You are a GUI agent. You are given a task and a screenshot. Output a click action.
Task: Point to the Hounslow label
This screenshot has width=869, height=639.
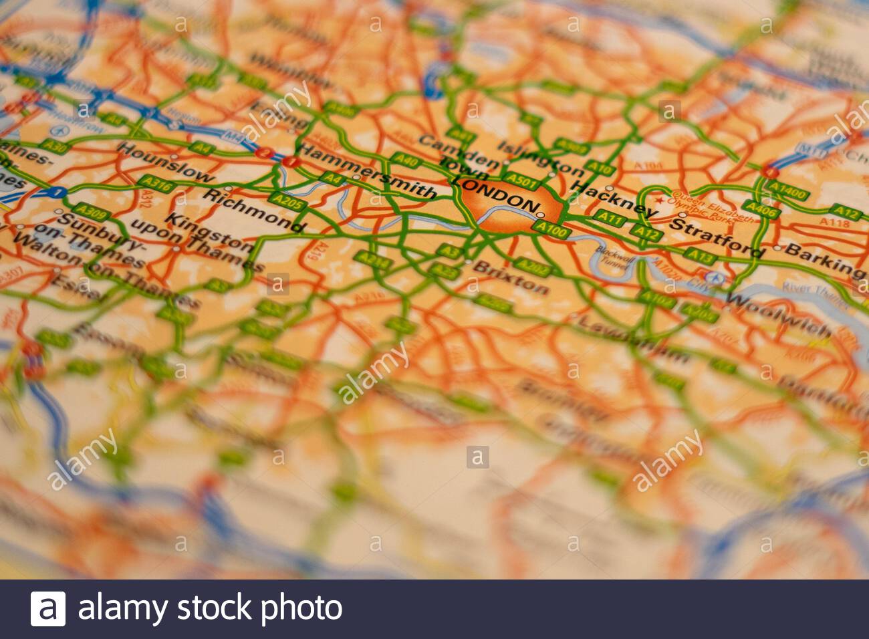click(165, 162)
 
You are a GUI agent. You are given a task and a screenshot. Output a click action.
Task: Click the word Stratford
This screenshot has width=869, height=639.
click(715, 237)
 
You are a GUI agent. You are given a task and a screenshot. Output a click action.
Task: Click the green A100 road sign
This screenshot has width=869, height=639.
click(551, 231)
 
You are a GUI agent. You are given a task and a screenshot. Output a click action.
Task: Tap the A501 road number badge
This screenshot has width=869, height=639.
click(521, 179)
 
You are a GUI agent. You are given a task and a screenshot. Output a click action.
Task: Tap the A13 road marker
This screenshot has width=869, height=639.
click(701, 255)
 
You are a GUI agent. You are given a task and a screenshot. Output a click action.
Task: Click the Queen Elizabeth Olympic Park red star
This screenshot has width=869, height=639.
click(661, 200)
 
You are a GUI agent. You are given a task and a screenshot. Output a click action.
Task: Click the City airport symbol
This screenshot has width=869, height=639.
click(716, 277)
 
